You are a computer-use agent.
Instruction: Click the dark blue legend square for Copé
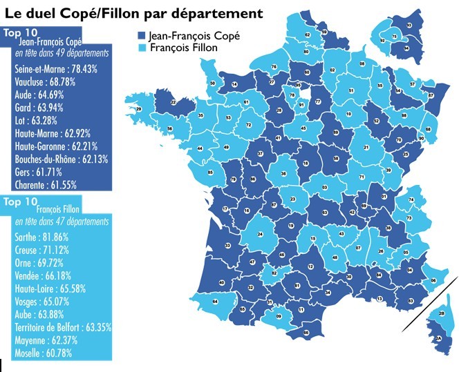[x=140, y=36]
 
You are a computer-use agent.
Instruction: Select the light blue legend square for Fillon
[x=140, y=48]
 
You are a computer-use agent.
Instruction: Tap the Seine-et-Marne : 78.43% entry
[x=56, y=69]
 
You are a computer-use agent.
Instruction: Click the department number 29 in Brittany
[x=138, y=109]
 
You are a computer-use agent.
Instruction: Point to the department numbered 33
[x=227, y=246]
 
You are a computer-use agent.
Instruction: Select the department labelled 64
[x=214, y=302]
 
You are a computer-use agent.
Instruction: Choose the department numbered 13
[x=378, y=298]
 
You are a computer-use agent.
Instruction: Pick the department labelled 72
[x=248, y=125]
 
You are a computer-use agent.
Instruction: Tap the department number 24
[x=261, y=234]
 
